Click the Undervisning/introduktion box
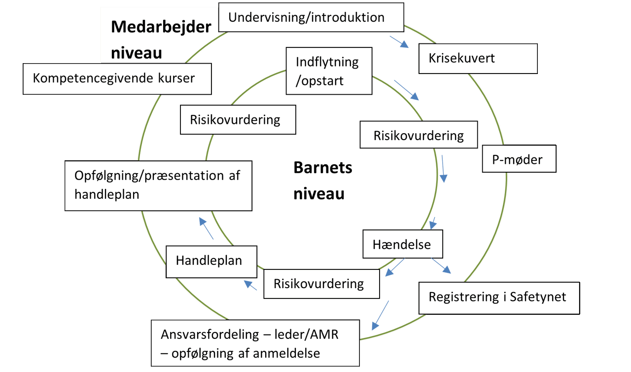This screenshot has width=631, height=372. pyautogui.click(x=311, y=18)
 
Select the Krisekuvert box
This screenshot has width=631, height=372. pyautogui.click(x=477, y=59)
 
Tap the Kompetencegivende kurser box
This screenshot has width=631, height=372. pyautogui.click(x=117, y=78)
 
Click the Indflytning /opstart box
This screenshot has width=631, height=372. pyautogui.click(x=329, y=71)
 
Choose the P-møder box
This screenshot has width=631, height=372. pyautogui.click(x=519, y=159)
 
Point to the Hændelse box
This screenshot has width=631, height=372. pyautogui.click(x=402, y=244)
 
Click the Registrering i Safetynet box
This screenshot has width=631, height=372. pyautogui.click(x=498, y=298)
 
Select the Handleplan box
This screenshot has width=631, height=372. pyautogui.click(x=211, y=260)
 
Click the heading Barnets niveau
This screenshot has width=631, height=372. pyautogui.click(x=323, y=181)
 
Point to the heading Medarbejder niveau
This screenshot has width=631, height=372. pyautogui.click(x=160, y=39)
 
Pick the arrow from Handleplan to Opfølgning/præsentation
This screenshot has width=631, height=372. pyautogui.click(x=207, y=229)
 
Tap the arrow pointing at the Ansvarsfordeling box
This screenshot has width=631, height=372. pyautogui.click(x=380, y=315)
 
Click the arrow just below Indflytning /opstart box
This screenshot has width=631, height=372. pyautogui.click(x=407, y=90)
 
